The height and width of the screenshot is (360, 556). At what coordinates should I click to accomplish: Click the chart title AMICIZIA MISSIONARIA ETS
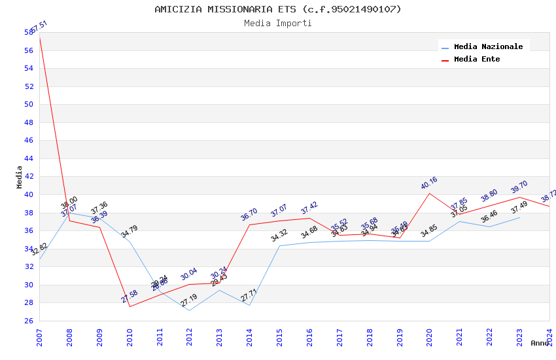(278, 9)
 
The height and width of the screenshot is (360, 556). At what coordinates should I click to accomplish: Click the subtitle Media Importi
(278, 23)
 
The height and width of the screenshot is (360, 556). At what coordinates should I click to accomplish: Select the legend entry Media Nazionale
(488, 46)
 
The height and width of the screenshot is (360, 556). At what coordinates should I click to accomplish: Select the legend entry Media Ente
(477, 59)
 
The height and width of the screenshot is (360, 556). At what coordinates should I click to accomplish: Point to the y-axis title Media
(20, 177)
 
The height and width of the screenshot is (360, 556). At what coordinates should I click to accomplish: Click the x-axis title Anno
(540, 343)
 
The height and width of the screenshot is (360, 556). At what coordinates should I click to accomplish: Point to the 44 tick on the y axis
(29, 158)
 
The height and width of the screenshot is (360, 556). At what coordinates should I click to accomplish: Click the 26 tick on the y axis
(29, 321)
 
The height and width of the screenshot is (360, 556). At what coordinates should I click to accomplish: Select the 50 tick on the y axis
(29, 104)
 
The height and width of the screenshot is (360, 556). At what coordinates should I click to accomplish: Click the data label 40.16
(429, 183)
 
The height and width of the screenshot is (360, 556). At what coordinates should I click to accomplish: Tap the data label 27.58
(130, 297)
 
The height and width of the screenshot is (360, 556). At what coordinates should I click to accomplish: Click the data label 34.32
(279, 236)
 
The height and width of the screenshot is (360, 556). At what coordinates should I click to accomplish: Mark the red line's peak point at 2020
(430, 193)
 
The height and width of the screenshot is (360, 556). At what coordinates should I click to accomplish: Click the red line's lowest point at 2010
(130, 306)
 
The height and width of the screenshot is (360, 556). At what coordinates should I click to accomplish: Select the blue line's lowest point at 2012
(190, 310)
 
